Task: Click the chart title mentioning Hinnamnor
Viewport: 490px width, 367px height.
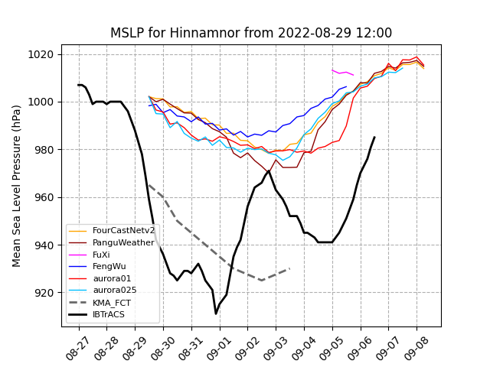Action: [251, 33]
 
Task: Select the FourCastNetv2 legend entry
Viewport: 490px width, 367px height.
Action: [123, 230]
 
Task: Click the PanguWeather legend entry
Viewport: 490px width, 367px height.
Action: [122, 242]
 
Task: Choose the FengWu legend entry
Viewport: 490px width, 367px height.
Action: [109, 267]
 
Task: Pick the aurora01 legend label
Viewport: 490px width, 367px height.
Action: [112, 279]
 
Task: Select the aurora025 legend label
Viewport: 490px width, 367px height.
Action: [114, 291]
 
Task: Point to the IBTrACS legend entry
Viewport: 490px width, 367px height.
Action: [109, 314]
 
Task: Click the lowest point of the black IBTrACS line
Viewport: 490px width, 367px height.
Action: [216, 313]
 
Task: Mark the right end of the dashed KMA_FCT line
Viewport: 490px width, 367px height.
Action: [289, 268]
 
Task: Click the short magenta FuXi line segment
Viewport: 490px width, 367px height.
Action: [342, 73]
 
